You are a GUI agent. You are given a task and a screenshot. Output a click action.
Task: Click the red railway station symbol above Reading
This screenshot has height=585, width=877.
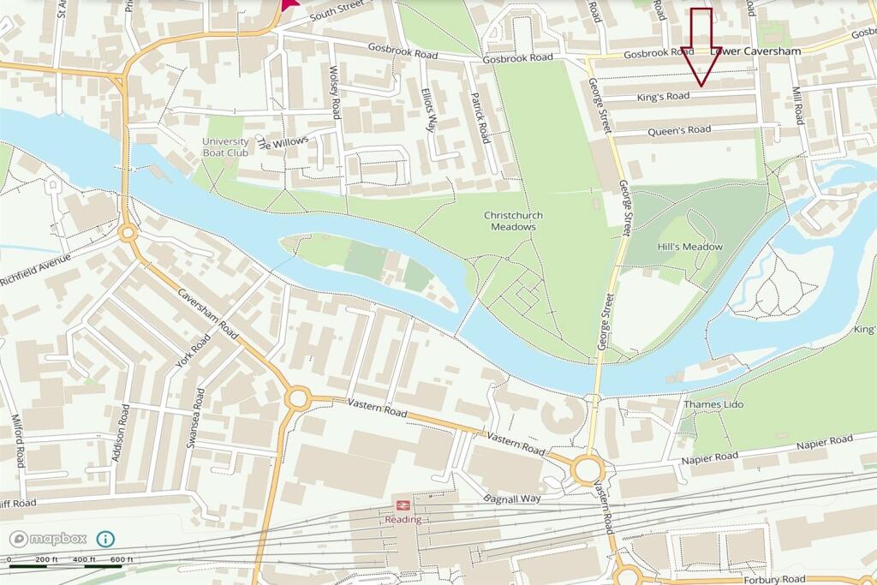pos(403,505)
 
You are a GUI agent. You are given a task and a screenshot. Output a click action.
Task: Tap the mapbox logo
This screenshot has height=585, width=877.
pos(48,539)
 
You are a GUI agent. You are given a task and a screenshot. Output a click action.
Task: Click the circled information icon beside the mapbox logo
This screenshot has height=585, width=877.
pos(105,539)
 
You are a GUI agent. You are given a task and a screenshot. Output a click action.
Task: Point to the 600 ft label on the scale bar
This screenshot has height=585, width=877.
pos(122,559)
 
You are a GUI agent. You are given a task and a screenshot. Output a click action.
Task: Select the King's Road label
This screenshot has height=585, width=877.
pos(663,98)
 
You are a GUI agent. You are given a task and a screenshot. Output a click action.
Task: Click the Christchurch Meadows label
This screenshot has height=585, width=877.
pos(514,221)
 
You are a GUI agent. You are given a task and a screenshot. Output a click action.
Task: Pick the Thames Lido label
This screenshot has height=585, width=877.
pos(713,404)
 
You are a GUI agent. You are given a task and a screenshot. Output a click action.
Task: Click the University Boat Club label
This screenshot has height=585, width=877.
pos(225,147)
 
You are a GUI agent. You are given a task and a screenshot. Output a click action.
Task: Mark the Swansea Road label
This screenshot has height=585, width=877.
pos(198,415)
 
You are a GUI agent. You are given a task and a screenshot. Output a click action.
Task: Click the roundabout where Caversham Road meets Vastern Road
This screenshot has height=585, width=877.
pos(297,397)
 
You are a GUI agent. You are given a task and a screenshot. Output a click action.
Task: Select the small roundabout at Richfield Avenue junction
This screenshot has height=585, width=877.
pos(128,232)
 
